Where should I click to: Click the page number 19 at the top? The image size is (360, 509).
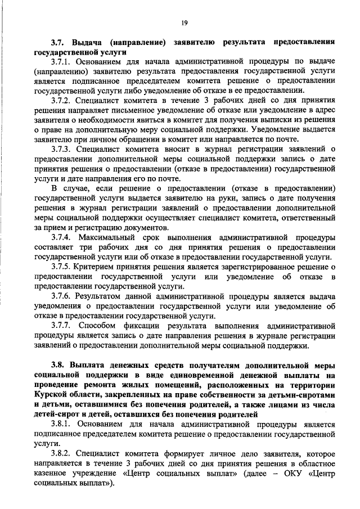[184, 22]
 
